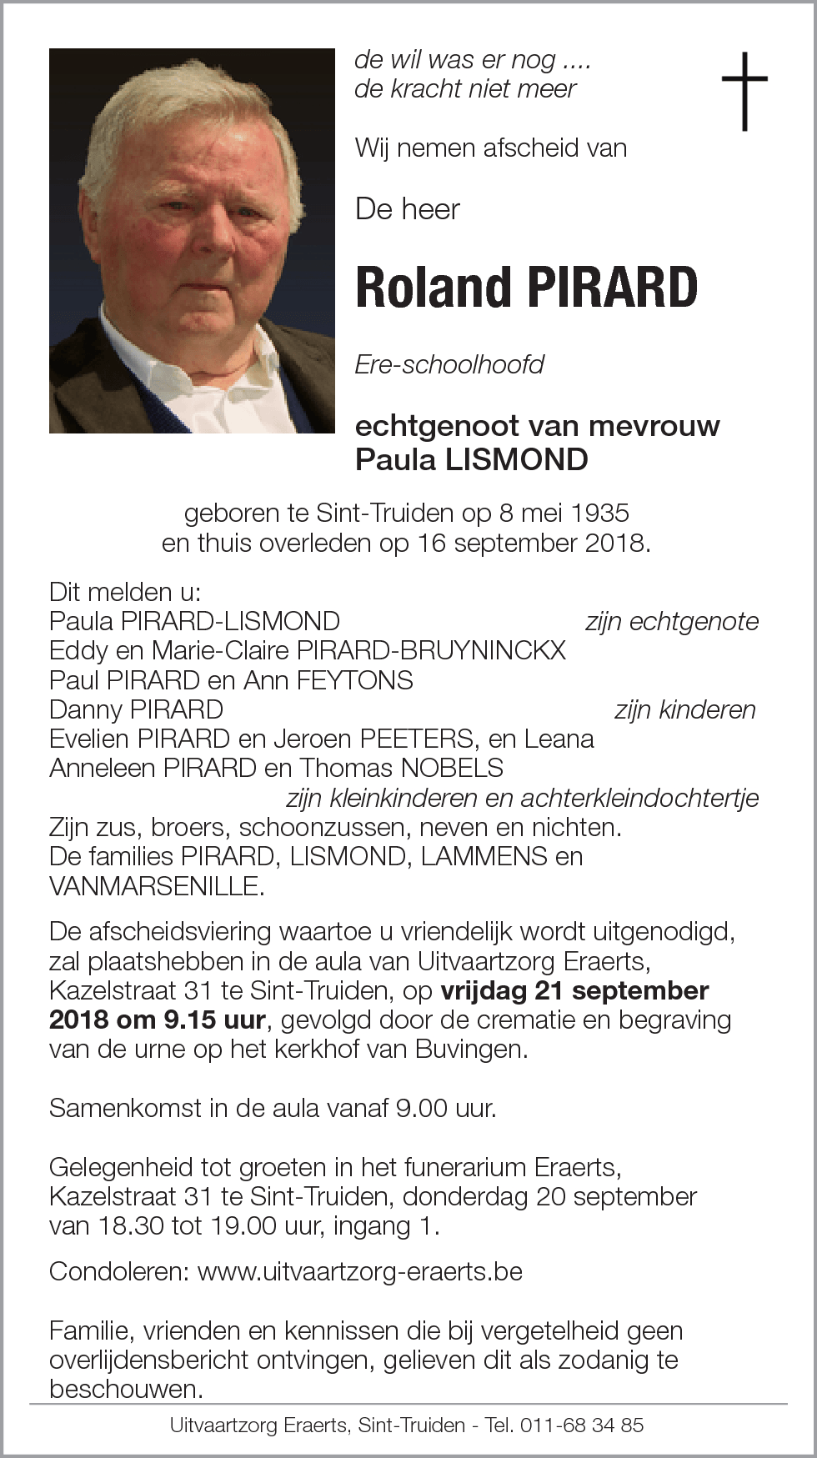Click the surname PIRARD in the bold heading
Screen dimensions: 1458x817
point(613,288)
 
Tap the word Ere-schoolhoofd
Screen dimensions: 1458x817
point(449,364)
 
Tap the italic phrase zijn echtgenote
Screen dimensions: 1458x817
point(672,621)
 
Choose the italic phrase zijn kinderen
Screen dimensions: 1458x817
point(684,709)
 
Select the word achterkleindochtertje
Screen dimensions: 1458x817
point(639,798)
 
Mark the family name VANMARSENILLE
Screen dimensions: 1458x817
point(156,886)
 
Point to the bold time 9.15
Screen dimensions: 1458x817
point(183,1020)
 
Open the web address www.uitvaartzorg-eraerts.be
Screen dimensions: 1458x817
point(360,1271)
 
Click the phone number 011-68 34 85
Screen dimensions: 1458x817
point(582,1425)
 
